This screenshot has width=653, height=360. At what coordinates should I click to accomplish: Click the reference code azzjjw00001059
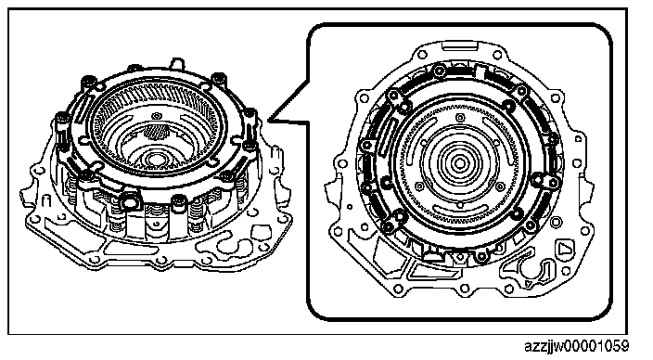pos(577,347)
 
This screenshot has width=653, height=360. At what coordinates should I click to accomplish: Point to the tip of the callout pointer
pos(268,121)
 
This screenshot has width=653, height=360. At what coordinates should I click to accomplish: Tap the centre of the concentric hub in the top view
pos(460,163)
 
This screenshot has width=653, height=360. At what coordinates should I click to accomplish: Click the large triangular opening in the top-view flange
pos(565,250)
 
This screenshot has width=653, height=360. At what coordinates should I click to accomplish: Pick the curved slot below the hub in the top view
pos(460,209)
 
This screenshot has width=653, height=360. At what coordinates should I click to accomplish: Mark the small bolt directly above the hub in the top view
pos(460,118)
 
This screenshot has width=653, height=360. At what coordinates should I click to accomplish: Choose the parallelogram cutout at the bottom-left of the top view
pos(432,273)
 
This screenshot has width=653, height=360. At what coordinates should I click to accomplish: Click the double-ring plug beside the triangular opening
pos(557,221)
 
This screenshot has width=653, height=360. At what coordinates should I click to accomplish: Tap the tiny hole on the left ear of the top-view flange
pos(350,207)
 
